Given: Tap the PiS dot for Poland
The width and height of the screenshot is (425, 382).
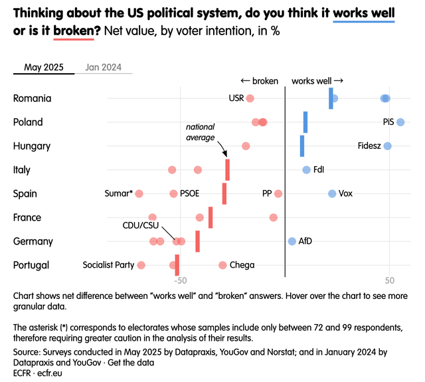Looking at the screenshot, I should [x=400, y=122].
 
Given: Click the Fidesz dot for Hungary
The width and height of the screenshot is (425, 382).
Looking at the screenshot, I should [x=388, y=146].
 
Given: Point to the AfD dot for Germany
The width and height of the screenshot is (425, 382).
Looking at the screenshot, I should [x=292, y=241].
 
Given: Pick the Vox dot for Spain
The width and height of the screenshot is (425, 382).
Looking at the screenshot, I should [x=332, y=193].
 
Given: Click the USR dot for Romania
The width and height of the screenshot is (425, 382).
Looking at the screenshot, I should [x=250, y=98].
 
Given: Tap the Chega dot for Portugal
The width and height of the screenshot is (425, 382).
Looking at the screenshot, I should [x=222, y=265].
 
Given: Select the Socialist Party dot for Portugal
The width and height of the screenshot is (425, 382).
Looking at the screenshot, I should [x=141, y=265].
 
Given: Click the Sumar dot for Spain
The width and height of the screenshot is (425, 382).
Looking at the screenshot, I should [x=139, y=193].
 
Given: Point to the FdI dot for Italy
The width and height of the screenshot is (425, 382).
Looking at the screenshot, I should [x=306, y=170].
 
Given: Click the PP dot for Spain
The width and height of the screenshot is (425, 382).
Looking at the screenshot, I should [x=278, y=193].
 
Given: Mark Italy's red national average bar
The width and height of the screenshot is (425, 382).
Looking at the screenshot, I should [x=227, y=170].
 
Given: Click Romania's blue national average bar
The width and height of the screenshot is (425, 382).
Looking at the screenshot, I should [x=331, y=98].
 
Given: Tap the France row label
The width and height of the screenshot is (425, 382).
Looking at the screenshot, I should [x=27, y=217].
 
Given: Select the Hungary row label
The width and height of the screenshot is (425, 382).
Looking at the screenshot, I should [x=31, y=146].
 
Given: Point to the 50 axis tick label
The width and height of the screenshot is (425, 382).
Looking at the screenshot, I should [x=389, y=280].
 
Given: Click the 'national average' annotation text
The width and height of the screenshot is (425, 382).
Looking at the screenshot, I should [x=200, y=132].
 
